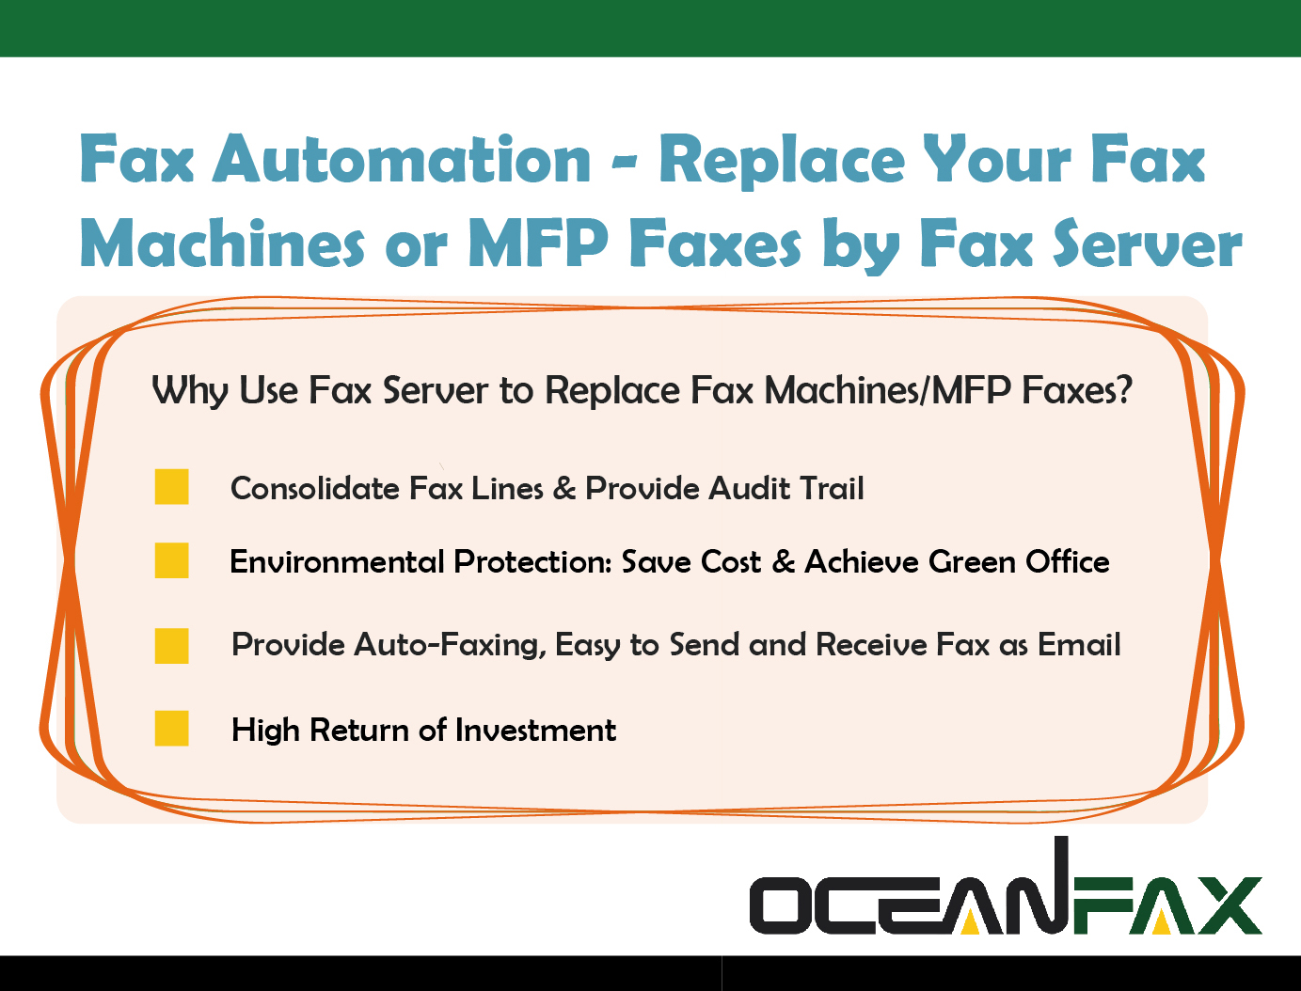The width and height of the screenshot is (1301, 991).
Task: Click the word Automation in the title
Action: [402, 159]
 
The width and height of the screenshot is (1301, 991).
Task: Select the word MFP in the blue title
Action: [538, 244]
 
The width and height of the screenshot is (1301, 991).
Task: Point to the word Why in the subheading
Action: [190, 391]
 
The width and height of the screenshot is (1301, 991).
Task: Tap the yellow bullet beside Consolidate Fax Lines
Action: [172, 487]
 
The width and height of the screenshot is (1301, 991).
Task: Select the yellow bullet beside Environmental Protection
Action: [172, 560]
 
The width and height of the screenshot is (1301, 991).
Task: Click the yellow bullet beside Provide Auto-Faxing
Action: [172, 646]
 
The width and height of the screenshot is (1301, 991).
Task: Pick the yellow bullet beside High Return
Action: [172, 728]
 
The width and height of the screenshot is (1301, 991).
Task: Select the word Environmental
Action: [337, 561]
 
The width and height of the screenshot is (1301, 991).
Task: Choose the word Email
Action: [1079, 644]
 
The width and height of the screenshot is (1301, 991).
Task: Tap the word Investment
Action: [536, 730]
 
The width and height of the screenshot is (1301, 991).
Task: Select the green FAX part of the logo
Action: [1166, 906]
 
